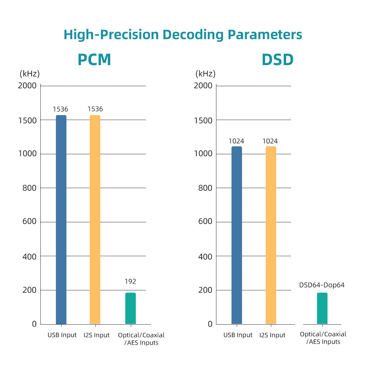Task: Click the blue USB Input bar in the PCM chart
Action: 61,220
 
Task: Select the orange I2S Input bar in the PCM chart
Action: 95,220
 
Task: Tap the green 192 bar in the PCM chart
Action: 130,308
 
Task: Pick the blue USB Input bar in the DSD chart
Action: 237,235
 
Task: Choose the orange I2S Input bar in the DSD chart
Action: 271,235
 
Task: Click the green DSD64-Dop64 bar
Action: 322,308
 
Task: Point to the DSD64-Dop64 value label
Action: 322,285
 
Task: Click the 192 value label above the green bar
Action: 130,281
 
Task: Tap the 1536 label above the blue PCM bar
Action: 61,109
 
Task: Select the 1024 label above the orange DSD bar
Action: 270,141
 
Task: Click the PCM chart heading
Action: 94,60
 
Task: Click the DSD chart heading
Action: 278,60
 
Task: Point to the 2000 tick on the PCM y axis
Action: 27,86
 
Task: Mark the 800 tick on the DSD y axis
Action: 205,188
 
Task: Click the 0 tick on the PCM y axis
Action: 34,324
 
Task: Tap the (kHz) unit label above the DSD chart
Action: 206,74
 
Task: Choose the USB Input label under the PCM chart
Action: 62,335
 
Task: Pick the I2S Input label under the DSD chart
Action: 272,335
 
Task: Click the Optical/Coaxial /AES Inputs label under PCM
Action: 141,339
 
